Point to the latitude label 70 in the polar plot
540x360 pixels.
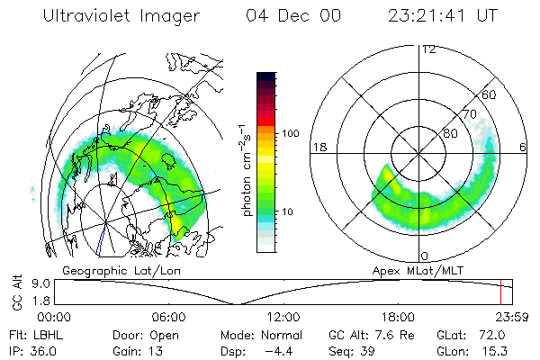click(468, 114)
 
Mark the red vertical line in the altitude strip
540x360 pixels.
click(500, 292)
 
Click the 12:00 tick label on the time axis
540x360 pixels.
click(283, 317)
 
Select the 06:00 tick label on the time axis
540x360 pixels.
click(169, 317)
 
